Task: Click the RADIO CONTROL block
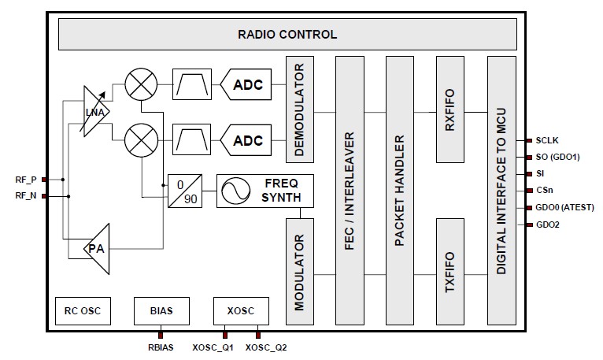coord(287,35)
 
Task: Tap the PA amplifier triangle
coord(98,247)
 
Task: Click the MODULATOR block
coord(300,271)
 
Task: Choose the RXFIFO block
coord(450,109)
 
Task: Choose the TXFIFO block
coord(450,271)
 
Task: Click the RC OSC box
coord(83,310)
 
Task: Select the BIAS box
coord(161,310)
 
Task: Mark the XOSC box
coord(240,310)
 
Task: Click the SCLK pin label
coord(549,140)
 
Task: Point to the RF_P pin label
coord(25,179)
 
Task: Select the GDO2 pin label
coord(549,225)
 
